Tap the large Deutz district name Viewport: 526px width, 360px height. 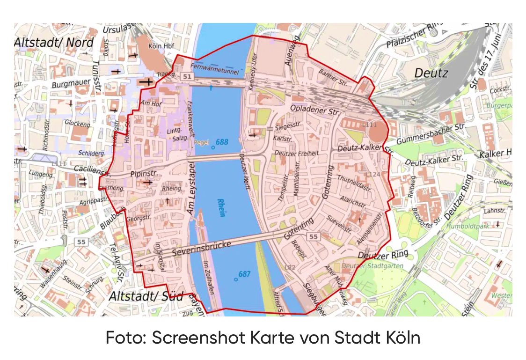coord(431,73)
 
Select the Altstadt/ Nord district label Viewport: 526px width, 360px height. coord(54,42)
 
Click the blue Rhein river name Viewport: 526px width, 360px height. coord(221,207)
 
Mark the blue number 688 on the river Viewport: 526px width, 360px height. coord(222,142)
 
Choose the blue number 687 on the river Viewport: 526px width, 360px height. coord(244,274)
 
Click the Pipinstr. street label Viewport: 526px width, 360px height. coord(146,174)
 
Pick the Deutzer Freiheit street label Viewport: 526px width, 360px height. coord(296,153)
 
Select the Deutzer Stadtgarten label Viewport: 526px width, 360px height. coord(372,266)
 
